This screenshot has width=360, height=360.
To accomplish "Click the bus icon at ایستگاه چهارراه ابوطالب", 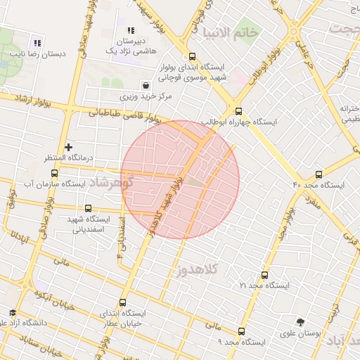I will click(238, 110).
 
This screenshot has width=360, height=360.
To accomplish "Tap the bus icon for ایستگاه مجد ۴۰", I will click(319, 174).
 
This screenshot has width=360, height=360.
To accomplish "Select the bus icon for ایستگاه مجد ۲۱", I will click(264, 275).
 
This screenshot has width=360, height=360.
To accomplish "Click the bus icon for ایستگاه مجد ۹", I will click(242, 330).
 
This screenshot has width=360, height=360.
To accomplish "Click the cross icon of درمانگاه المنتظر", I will click(68, 147).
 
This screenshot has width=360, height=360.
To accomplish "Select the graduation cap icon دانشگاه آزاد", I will click(12, 312).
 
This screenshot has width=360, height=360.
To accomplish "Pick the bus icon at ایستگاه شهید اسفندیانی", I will click(88, 208).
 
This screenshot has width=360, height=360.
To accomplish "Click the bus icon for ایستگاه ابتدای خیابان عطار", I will click(122, 302).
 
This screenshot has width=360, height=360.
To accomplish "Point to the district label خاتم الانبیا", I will click(229, 32).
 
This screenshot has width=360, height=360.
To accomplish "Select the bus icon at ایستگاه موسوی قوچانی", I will click(192, 58).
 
